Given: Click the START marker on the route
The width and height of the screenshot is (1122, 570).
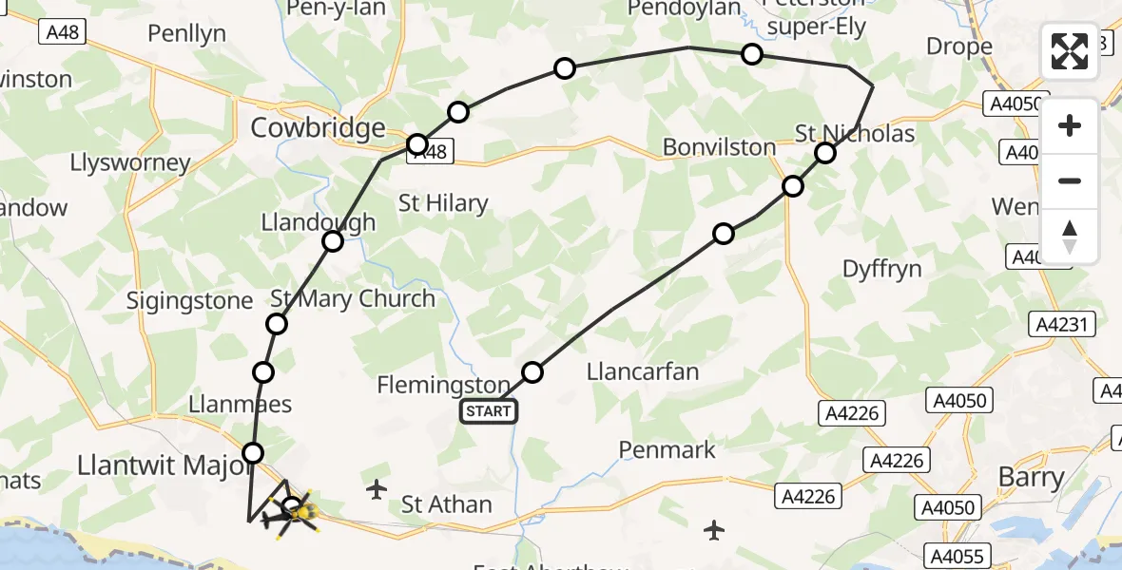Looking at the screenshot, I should tap(489, 411).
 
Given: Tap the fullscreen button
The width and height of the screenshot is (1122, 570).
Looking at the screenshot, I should tap(1070, 51).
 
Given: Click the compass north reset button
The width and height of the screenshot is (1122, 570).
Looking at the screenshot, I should tap(1070, 237).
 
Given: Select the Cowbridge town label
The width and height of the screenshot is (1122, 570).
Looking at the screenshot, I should tap(318, 127).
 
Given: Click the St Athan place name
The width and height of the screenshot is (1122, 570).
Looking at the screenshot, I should tap(446, 503).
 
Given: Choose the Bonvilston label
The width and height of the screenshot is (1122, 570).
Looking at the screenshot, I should tap(719, 147).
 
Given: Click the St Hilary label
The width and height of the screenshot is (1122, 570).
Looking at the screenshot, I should tap(442, 202).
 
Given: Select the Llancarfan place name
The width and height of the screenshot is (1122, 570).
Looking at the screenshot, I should tap(643, 370).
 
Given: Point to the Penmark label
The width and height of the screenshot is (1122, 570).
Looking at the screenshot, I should tap(667, 448).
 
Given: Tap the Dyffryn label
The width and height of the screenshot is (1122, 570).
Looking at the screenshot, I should tap(882, 269).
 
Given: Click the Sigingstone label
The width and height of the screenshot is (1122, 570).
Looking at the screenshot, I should tap(190, 301).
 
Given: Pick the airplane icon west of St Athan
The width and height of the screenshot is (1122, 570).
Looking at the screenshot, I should tap(377, 490).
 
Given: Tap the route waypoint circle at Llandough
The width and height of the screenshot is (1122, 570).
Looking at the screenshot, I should tap(333, 241).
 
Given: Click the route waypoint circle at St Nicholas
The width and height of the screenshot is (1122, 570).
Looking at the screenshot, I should tap(825, 153).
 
